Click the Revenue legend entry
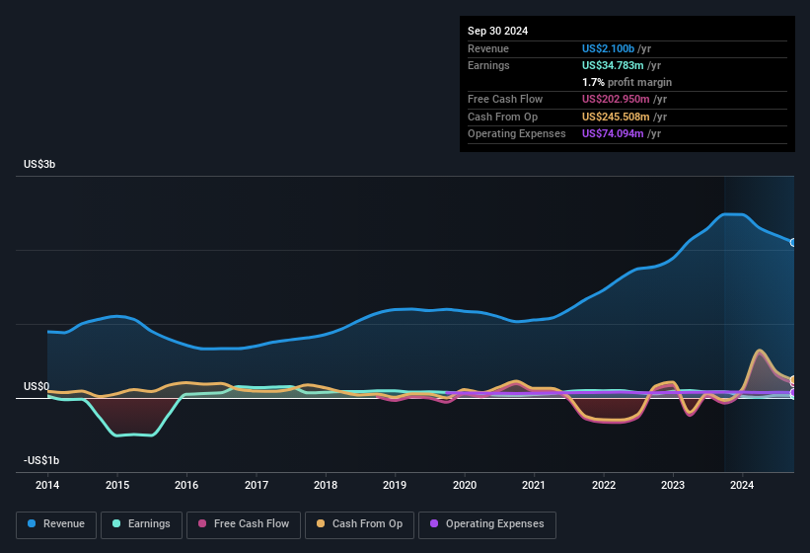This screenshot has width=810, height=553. click(x=56, y=524)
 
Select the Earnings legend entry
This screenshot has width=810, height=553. click(x=141, y=524)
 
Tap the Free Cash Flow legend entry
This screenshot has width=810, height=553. click(x=246, y=524)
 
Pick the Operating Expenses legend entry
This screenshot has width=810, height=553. click(x=486, y=524)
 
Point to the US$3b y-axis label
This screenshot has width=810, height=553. click(x=39, y=164)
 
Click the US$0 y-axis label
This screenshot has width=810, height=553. click(x=37, y=386)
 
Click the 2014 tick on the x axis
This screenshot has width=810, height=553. click(x=47, y=485)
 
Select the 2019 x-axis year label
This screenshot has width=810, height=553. click(x=395, y=485)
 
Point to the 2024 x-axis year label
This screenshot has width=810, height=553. click(x=742, y=485)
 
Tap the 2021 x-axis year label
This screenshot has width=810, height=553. click(x=534, y=485)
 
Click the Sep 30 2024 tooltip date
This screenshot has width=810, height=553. click(x=497, y=31)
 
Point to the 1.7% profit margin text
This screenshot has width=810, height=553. click(x=626, y=82)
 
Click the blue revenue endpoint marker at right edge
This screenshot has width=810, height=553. click(x=793, y=242)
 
